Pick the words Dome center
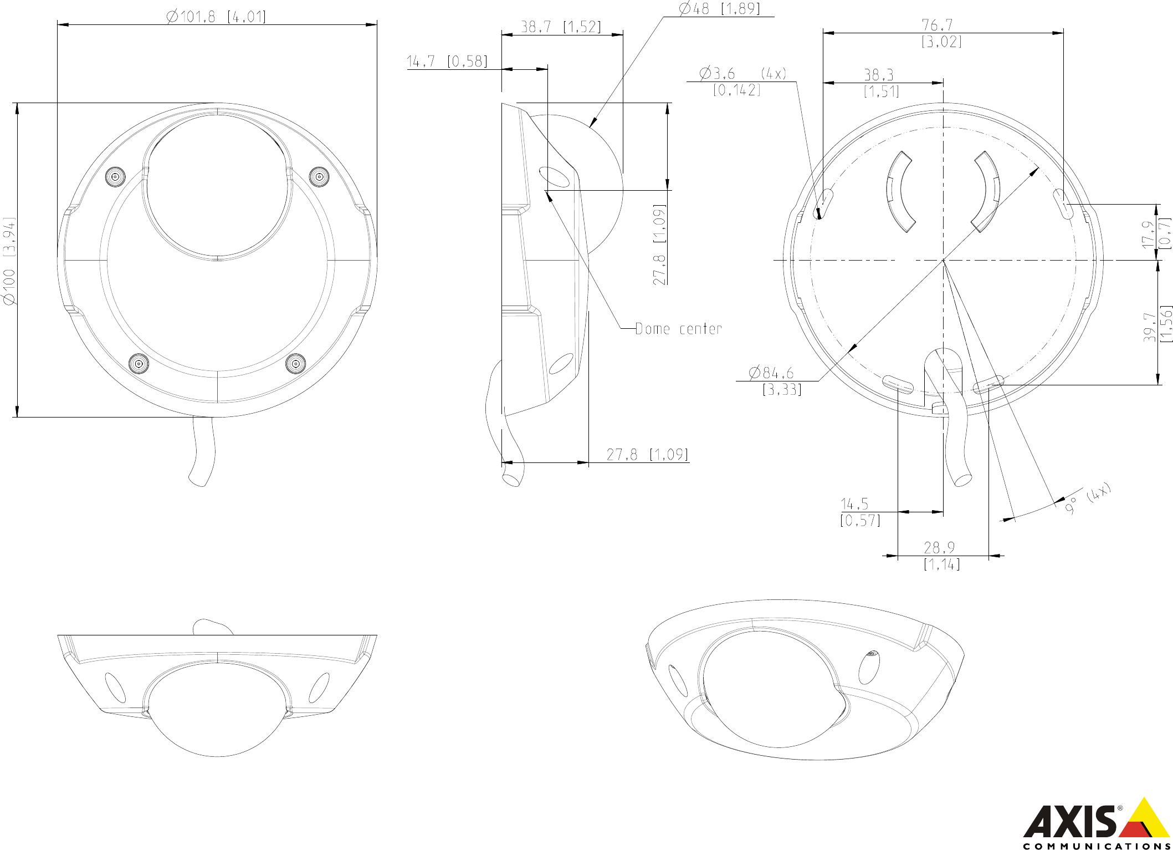[678, 329]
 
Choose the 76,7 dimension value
[937, 25]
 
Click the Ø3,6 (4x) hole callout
[742, 73]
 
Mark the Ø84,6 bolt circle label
[771, 373]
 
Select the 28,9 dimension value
[939, 548]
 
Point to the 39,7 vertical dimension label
[1150, 327]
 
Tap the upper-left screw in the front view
[116, 177]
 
